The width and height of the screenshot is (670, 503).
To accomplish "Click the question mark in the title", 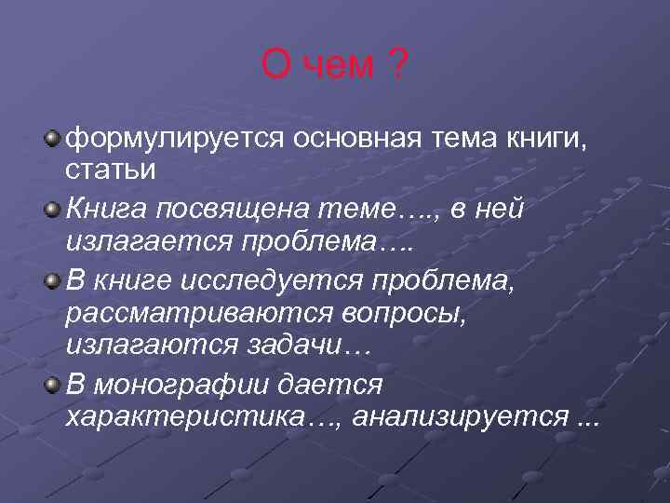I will (x=397, y=66).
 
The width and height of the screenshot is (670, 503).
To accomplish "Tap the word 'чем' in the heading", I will (x=339, y=66).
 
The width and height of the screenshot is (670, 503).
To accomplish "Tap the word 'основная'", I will (x=358, y=140).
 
